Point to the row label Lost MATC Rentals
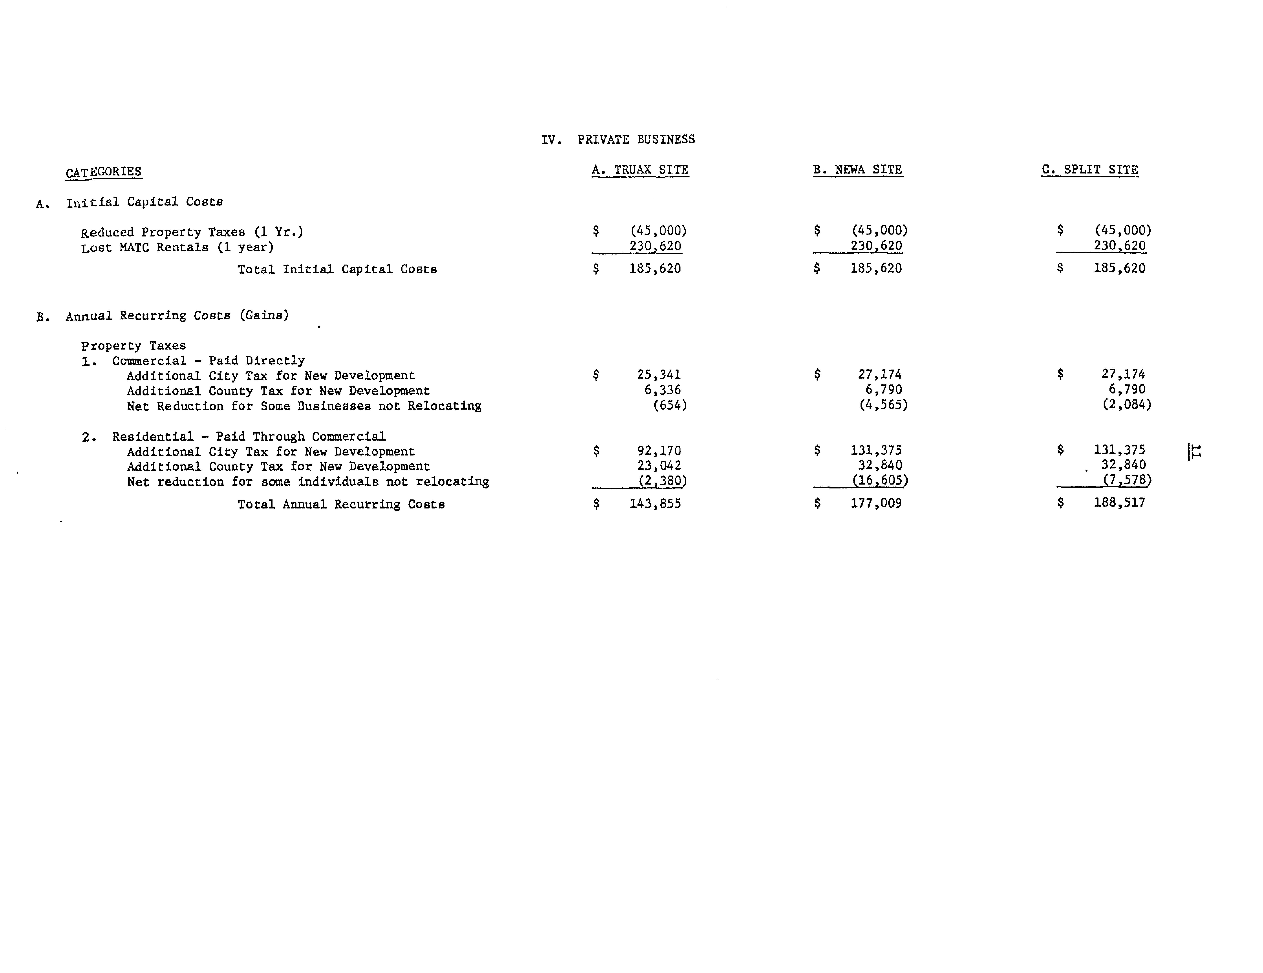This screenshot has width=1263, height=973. click(177, 247)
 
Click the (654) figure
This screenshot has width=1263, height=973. click(670, 405)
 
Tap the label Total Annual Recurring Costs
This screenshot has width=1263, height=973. click(341, 504)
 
